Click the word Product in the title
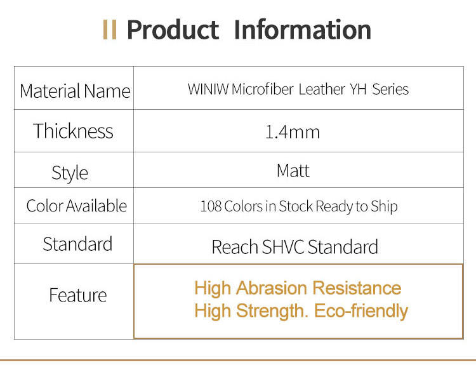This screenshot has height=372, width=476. (x=173, y=30)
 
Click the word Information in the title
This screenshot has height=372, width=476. (x=303, y=29)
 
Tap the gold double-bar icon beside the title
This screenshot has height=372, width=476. (x=110, y=30)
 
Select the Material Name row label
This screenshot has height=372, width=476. (x=75, y=91)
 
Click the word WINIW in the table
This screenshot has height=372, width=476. (x=208, y=89)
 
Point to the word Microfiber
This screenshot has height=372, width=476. (x=263, y=89)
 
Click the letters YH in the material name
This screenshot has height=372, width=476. (x=358, y=90)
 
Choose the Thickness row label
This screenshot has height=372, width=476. (x=73, y=131)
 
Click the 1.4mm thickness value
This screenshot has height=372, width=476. (x=293, y=132)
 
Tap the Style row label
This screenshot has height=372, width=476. (x=70, y=173)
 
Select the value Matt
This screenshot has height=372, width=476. (x=293, y=170)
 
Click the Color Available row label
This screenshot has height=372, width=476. (x=77, y=206)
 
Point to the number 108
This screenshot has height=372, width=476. (x=211, y=206)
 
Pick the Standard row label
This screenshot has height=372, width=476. (x=77, y=244)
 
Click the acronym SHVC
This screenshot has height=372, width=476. (x=282, y=246)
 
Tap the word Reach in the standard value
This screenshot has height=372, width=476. (x=235, y=246)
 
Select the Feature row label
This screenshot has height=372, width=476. (x=78, y=295)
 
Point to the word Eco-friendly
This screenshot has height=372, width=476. (x=361, y=311)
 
